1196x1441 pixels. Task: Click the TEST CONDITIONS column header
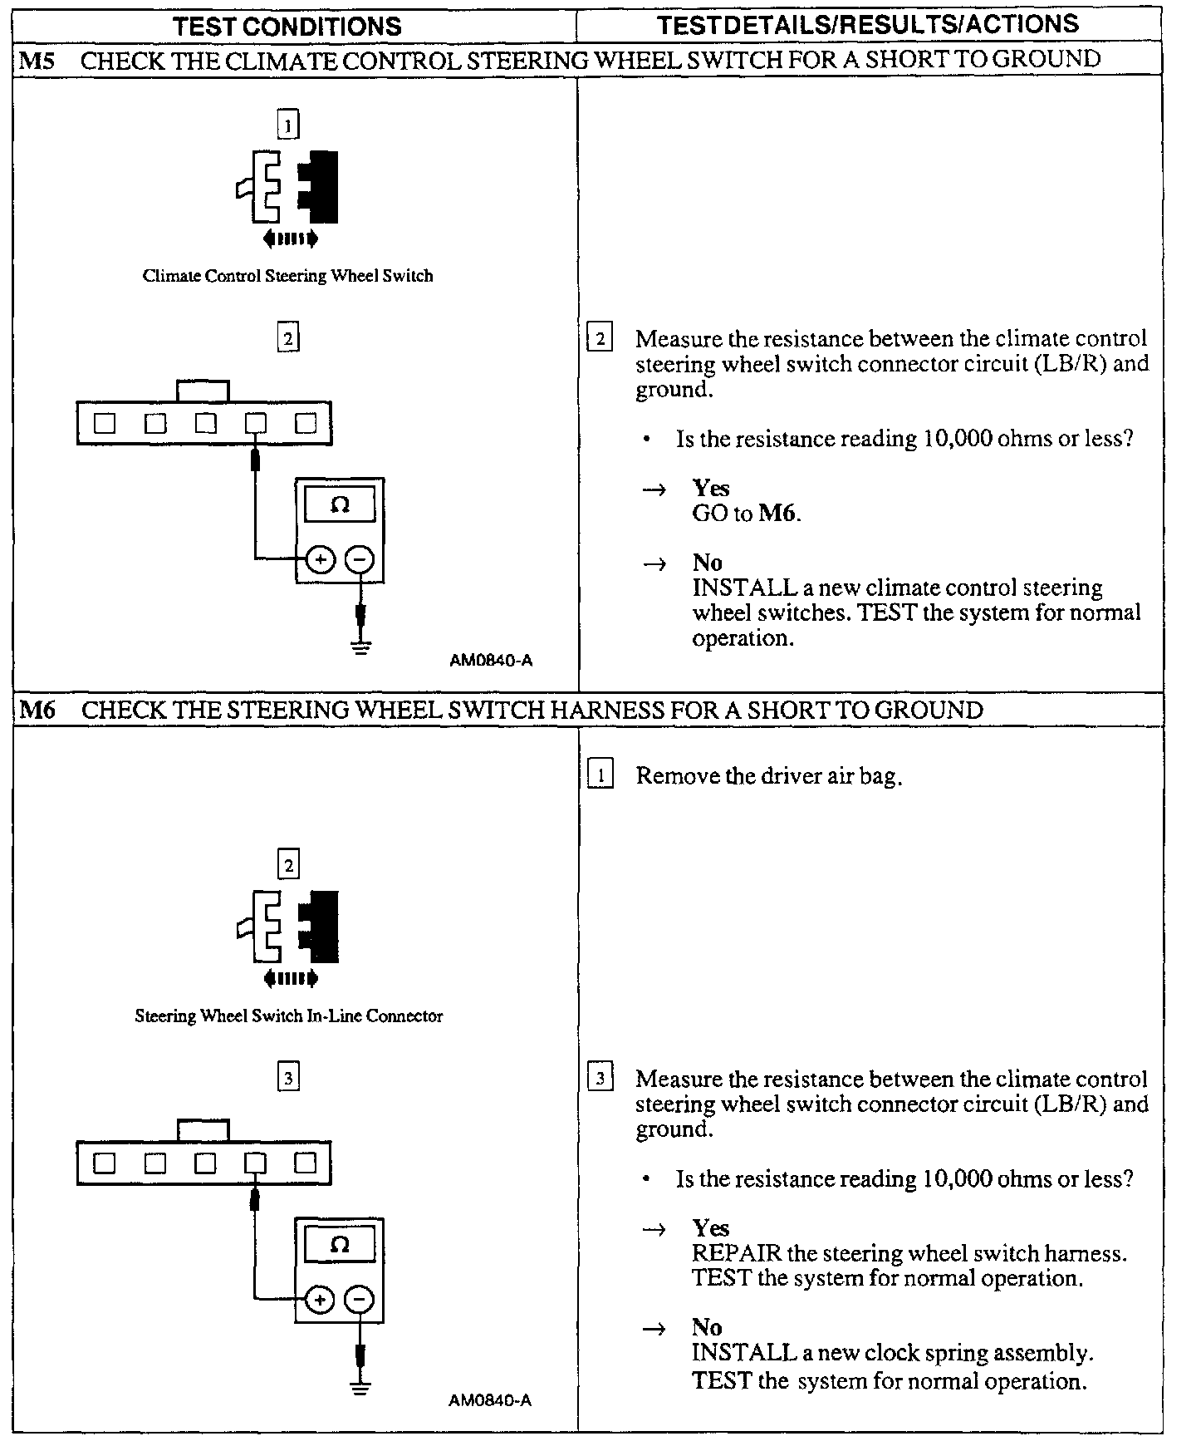(x=287, y=26)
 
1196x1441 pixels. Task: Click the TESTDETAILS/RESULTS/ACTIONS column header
(x=868, y=24)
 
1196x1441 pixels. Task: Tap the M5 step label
(x=36, y=61)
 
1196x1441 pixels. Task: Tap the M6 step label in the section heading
(x=37, y=710)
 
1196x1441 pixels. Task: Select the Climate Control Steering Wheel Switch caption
(x=287, y=276)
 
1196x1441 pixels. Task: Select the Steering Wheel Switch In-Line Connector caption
(x=288, y=1016)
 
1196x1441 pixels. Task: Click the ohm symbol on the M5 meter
(x=340, y=504)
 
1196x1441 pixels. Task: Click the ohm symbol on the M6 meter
(x=340, y=1244)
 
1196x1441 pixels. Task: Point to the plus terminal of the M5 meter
(x=320, y=559)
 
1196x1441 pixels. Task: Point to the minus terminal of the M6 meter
(x=360, y=1299)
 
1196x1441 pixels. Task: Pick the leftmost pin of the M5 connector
(x=104, y=423)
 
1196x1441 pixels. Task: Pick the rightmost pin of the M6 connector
(x=306, y=1163)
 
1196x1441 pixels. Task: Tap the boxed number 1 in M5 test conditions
(x=287, y=125)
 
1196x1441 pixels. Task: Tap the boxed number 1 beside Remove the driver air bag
(x=600, y=775)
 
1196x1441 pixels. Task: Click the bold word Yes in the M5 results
(x=711, y=488)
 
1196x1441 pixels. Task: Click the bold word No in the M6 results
(x=707, y=1327)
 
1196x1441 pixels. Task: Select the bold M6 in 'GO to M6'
(x=778, y=514)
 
